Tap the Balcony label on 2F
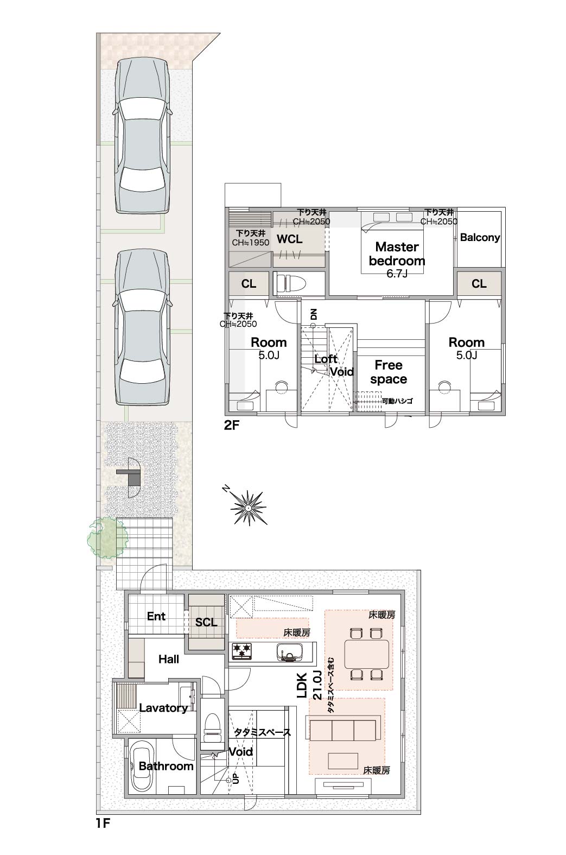(x=480, y=237)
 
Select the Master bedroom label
(x=397, y=254)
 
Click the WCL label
(x=289, y=239)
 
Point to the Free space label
(x=389, y=372)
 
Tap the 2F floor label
(x=231, y=425)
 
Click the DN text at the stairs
(x=314, y=315)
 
